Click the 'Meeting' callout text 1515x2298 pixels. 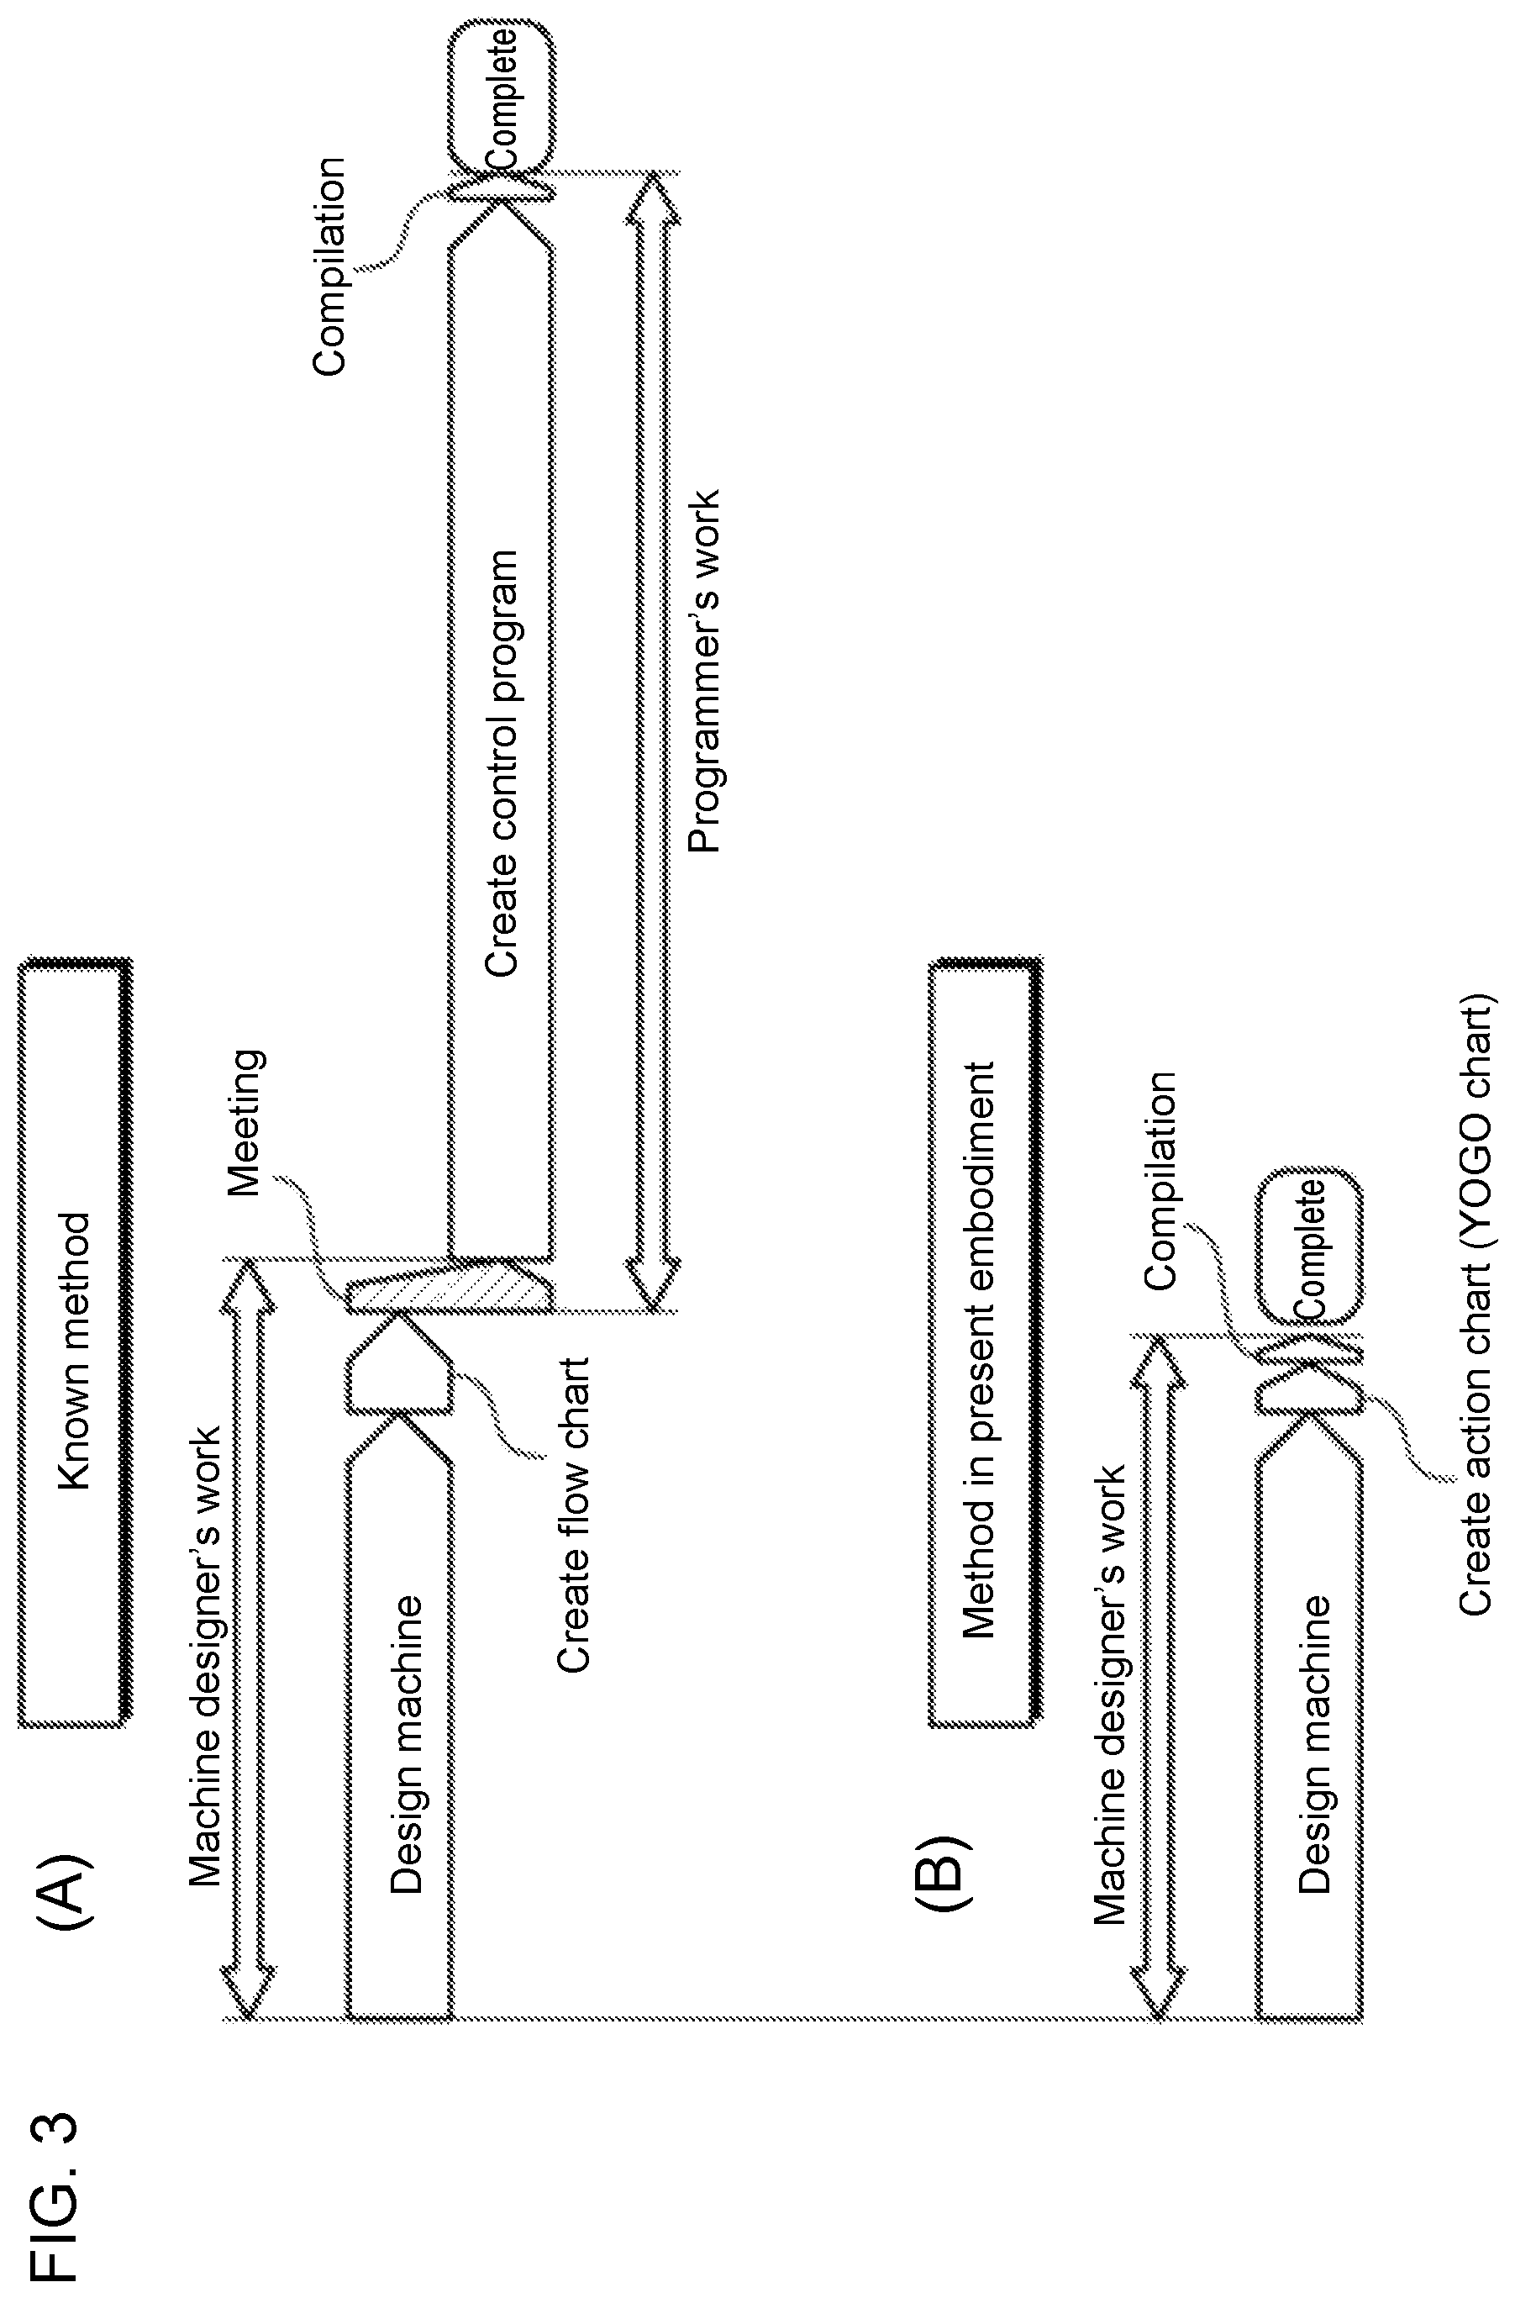pyautogui.click(x=245, y=1123)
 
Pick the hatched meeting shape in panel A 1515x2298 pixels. pyautogui.click(x=450, y=1285)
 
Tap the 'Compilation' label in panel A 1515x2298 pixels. pyautogui.click(x=329, y=266)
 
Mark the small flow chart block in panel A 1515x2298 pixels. pyautogui.click(x=398, y=1364)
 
